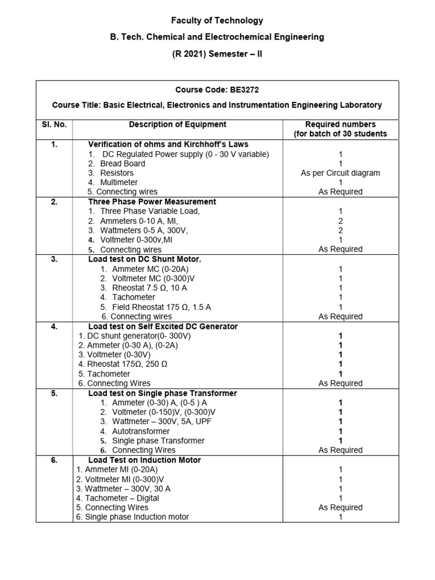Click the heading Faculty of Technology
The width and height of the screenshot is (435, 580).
[217, 20]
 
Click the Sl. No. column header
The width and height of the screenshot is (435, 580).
[54, 124]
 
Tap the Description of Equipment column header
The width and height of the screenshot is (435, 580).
[177, 124]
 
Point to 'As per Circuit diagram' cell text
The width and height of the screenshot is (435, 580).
[340, 173]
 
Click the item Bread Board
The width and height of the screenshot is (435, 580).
[122, 163]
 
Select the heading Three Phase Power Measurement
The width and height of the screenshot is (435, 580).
[152, 201]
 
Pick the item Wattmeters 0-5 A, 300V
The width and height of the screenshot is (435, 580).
[144, 230]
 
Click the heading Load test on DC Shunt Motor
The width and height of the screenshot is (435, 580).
[145, 259]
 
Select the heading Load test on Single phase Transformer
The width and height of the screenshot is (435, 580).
[163, 393]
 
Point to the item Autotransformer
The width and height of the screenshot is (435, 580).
[141, 431]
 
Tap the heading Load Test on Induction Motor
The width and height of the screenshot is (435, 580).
[144, 460]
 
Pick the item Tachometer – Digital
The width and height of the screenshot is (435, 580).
[118, 498]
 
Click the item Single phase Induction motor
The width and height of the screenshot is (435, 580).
[133, 517]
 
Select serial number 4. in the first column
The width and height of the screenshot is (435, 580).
[54, 326]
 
